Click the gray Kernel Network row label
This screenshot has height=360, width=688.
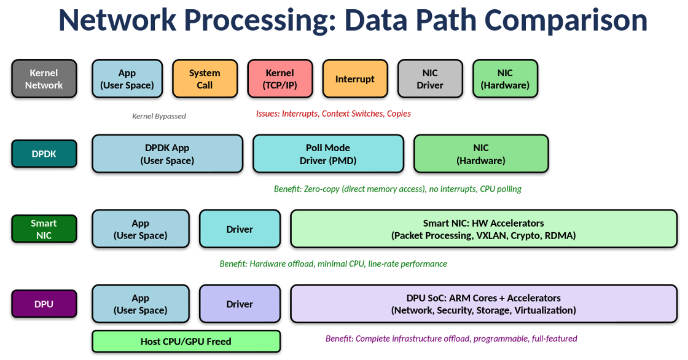[44, 79]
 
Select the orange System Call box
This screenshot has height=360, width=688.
[205, 79]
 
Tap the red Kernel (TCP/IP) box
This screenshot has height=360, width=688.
[279, 79]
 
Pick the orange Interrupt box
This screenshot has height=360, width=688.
[354, 79]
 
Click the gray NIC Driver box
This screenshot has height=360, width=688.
[429, 79]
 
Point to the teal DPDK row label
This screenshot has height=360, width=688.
[44, 154]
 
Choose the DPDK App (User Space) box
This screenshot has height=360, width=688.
[167, 154]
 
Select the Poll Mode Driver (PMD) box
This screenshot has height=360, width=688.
[328, 154]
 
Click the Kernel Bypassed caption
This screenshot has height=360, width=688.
[158, 116]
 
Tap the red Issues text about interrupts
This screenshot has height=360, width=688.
[333, 114]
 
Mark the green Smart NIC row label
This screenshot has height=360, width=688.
[44, 229]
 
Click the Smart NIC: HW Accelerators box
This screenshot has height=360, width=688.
[483, 229]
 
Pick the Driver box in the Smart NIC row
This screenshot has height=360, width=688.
[240, 229]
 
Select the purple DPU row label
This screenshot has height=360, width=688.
[44, 303]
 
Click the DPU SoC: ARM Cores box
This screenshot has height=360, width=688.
[483, 303]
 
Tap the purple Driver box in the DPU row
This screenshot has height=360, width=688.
[240, 303]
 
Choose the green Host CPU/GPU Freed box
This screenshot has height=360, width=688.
[186, 342]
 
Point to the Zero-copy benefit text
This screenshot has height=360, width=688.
[397, 189]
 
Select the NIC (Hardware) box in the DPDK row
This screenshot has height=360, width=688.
[481, 154]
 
